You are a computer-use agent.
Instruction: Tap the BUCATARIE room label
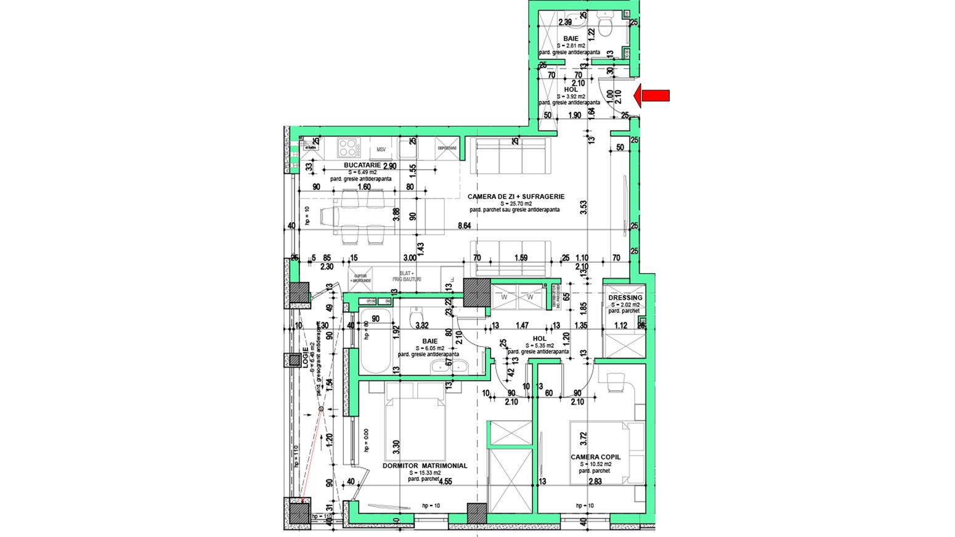tap(363, 165)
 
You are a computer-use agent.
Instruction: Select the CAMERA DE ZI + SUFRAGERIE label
tap(516, 196)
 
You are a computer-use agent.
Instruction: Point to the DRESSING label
tap(625, 298)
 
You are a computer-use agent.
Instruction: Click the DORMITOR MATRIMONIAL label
tap(425, 466)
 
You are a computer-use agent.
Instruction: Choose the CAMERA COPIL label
tap(595, 457)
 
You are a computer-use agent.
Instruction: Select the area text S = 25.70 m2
tap(516, 203)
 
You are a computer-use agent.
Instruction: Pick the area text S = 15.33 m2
tap(425, 473)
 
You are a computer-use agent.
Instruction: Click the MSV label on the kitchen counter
tap(382, 149)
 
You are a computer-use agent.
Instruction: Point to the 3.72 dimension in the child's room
tap(583, 439)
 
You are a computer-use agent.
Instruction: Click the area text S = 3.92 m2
tap(571, 97)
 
